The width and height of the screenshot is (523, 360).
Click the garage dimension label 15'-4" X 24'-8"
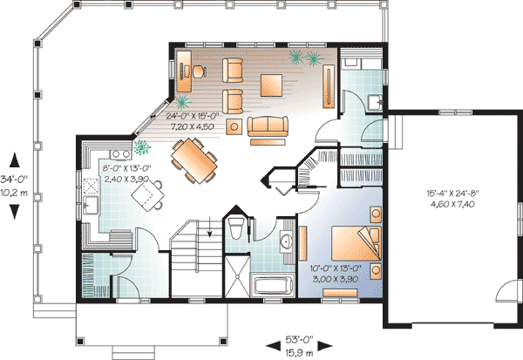pyautogui.click(x=452, y=193)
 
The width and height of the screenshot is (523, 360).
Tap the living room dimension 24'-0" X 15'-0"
pyautogui.click(x=192, y=116)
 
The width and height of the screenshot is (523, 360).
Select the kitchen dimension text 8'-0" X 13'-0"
pyautogui.click(x=127, y=168)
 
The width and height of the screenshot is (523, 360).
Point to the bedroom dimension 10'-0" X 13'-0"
pyautogui.click(x=336, y=268)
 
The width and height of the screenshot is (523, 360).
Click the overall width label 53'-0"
pyautogui.click(x=300, y=340)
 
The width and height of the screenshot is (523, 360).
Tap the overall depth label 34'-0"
pyautogui.click(x=14, y=180)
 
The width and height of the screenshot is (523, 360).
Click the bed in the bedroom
pyautogui.click(x=356, y=243)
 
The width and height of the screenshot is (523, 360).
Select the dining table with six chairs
pyautogui.click(x=194, y=160)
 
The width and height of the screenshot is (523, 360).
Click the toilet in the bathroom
pyautogui.click(x=236, y=228)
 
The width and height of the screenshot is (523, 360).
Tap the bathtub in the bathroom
pyautogui.click(x=272, y=285)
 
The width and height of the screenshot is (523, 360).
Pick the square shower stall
pyautogui.click(x=237, y=276)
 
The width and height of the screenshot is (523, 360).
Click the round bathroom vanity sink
pyautogui.click(x=286, y=241)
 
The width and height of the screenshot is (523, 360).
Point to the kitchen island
pyautogui.click(x=148, y=196)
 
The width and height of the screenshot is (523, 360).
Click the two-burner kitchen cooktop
pyautogui.click(x=120, y=154)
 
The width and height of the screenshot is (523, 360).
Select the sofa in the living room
pyautogui.click(x=268, y=126)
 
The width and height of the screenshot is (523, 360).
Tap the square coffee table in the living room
pyautogui.click(x=271, y=85)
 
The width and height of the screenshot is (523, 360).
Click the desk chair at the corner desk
pyautogui.click(x=200, y=71)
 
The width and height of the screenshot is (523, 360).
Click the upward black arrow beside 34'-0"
pyautogui.click(x=14, y=160)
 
